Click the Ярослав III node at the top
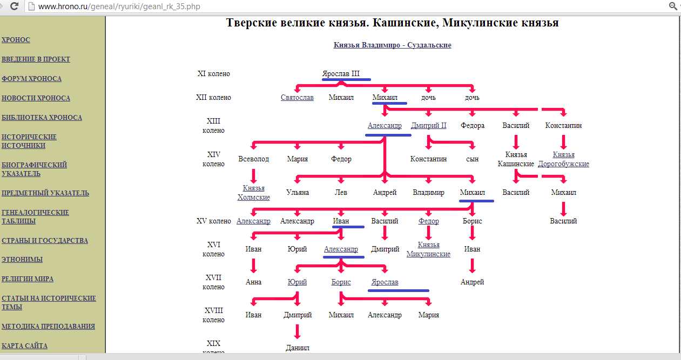pyautogui.click(x=341, y=73)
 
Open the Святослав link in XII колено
pyautogui.click(x=297, y=98)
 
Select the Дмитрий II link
pyautogui.click(x=429, y=125)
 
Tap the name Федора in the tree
pyautogui.click(x=472, y=125)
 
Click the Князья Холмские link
pyautogui.click(x=253, y=193)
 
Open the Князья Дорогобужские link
pyautogui.click(x=563, y=159)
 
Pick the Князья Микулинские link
pyautogui.click(x=428, y=249)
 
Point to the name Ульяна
pyautogui.click(x=298, y=192)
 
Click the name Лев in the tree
pyautogui.click(x=341, y=192)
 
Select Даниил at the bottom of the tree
pyautogui.click(x=298, y=348)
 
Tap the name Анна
pyautogui.click(x=253, y=282)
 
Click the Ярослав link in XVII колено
pyautogui.click(x=385, y=282)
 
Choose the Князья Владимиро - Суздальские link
pyautogui.click(x=392, y=45)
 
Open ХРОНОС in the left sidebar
pyautogui.click(x=16, y=40)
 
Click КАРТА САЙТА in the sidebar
pyautogui.click(x=25, y=346)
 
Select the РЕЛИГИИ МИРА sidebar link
pyautogui.click(x=28, y=279)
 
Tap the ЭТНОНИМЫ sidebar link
pyautogui.click(x=22, y=260)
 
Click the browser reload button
pyautogui.click(x=14, y=6)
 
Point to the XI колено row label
pyautogui.click(x=214, y=73)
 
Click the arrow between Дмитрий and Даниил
pyautogui.click(x=298, y=331)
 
